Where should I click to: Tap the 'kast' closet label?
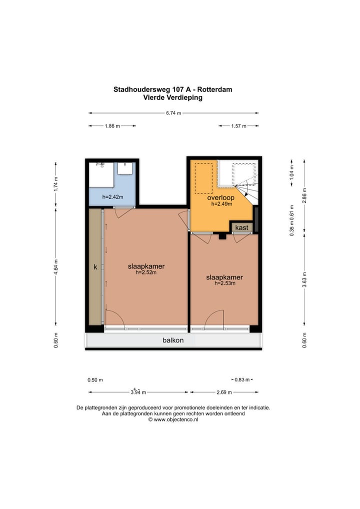242,227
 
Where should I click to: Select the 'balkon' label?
173,340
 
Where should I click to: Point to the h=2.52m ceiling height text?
146,273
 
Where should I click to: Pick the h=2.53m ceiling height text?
224,283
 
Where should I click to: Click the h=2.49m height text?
220,204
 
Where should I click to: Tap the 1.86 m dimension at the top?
112,126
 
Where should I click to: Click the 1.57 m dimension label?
238,126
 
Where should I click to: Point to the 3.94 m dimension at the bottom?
138,392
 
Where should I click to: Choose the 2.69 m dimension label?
224,392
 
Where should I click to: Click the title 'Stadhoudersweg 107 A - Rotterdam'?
172,90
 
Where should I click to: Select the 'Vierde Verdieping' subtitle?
172,98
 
